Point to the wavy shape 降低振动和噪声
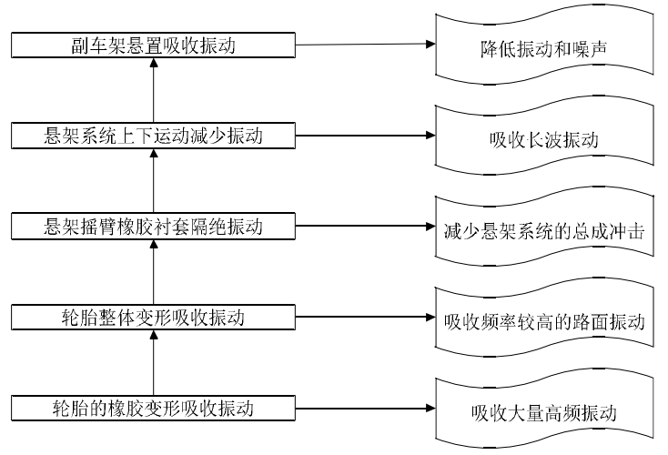click(x=544, y=47)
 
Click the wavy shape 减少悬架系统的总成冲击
click(x=544, y=230)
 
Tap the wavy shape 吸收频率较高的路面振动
click(x=544, y=321)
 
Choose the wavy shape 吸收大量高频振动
click(x=544, y=412)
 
